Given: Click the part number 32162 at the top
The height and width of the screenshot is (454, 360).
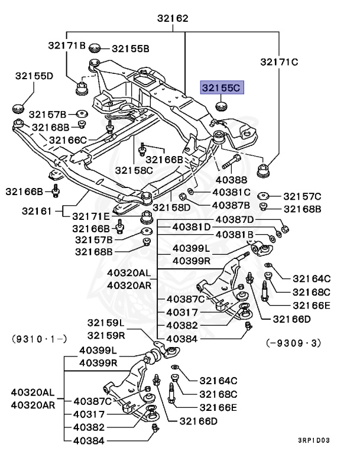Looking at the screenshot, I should pos(173,18).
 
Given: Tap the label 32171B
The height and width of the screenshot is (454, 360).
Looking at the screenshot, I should pos(67,45).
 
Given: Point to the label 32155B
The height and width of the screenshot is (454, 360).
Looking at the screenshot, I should pos(131,48).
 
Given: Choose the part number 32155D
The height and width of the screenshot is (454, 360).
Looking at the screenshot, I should pos(34,76).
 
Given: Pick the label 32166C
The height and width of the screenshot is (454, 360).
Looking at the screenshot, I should pos(68,140).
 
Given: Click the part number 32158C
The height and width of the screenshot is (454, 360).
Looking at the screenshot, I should pos(134,170).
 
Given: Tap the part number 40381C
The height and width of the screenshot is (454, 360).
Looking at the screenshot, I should pos(231,193).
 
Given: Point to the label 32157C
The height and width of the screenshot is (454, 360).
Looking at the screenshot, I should pos(302,196).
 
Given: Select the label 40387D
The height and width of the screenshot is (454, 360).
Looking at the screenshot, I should pos(235,219).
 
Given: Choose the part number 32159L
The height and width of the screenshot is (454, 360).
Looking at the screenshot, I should pos(106,323).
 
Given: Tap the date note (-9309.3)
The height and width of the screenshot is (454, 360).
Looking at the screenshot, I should pos(294,342).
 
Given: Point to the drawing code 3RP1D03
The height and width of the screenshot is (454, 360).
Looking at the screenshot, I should pos(313,440).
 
